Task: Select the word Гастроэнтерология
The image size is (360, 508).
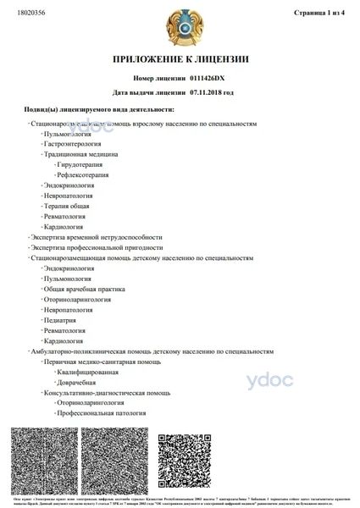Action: [77, 144]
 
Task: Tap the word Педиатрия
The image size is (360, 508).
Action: [62, 320]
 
